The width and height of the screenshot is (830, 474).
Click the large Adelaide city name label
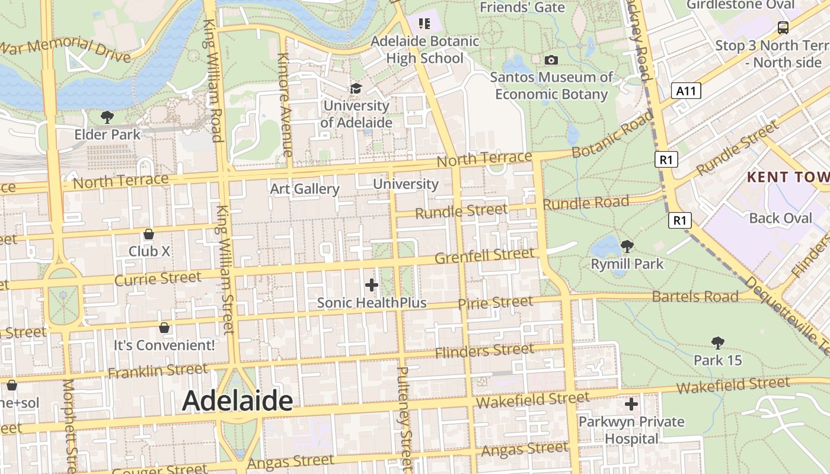coord(237,401)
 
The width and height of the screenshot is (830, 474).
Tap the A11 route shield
coord(687,91)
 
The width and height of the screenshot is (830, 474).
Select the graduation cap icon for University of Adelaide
coord(355,88)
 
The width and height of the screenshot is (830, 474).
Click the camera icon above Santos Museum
coord(551,60)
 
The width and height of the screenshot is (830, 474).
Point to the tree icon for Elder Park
coord(107,117)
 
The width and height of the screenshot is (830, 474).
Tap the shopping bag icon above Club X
coord(149,234)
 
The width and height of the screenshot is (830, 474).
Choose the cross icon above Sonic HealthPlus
coord(372,285)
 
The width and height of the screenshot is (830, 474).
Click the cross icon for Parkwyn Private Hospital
coord(631,404)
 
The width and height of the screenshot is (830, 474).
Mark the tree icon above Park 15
coord(717,342)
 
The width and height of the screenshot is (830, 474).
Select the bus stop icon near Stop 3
coord(783,27)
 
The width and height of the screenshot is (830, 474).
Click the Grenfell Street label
coord(484,256)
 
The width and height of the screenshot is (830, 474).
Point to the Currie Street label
coord(158,278)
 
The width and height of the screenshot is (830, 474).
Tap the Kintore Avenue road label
coord(285,105)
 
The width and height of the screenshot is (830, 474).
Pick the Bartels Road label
coord(695,296)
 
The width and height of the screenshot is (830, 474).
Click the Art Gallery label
coord(305,189)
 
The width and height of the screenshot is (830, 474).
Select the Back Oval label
coord(781,218)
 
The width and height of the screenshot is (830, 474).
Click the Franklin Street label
coord(158,371)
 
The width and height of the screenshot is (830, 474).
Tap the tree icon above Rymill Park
coord(627,246)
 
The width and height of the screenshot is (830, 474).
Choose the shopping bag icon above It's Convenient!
coord(164,328)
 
